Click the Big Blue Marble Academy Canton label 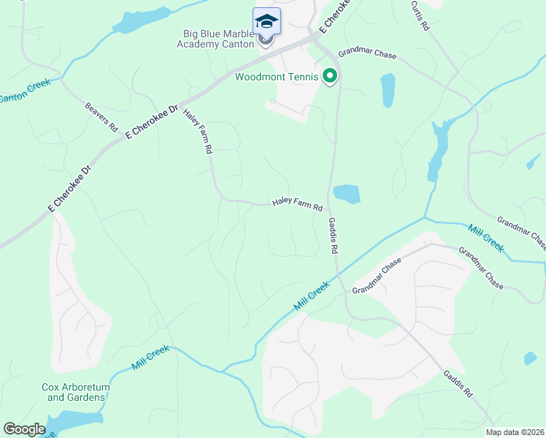215,38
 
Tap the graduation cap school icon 266,22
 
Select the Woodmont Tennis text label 277,76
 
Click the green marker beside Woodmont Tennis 330,75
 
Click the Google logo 24,429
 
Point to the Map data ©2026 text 515,432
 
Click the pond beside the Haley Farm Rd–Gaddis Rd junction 347,194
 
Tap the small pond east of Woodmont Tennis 388,91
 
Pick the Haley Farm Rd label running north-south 198,131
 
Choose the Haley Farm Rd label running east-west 297,204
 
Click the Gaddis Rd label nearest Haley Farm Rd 333,235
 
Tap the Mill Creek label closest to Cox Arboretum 150,357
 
